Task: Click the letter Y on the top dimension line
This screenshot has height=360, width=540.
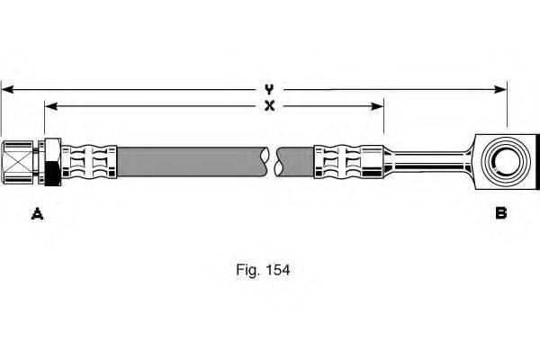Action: point(269,89)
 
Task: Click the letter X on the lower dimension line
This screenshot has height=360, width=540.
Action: point(269,106)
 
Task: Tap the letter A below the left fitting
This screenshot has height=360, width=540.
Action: point(37,213)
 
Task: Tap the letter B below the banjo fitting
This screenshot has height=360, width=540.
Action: point(500,213)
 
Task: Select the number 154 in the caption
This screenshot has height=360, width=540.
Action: point(278,268)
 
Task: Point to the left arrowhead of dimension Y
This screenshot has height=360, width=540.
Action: point(5,89)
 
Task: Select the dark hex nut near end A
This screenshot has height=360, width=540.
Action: point(53,162)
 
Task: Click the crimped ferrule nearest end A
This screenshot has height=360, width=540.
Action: point(90,162)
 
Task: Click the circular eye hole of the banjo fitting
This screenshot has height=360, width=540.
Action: point(500,163)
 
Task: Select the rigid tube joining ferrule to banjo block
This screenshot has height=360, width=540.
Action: point(428,163)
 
